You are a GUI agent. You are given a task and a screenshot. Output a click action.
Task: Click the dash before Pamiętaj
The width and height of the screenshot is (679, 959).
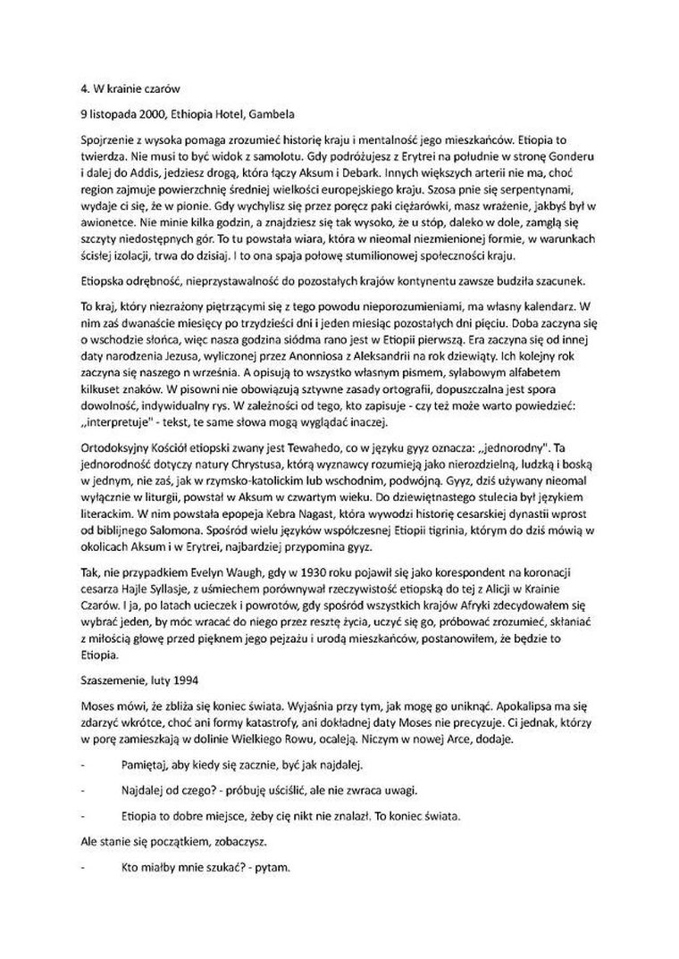[x=83, y=767]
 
